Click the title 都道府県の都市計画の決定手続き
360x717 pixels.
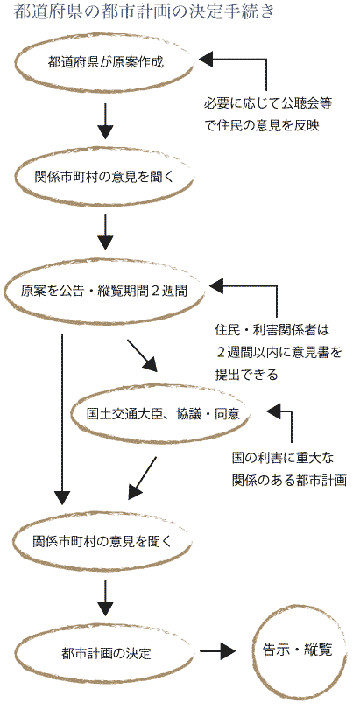pyautogui.click(x=145, y=11)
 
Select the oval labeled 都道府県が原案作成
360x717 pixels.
pyautogui.click(x=105, y=63)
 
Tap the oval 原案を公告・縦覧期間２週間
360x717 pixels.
pyautogui.click(x=103, y=292)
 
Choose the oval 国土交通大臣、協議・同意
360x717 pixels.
pyautogui.click(x=162, y=414)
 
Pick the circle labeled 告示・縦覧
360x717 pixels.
pyautogui.click(x=297, y=650)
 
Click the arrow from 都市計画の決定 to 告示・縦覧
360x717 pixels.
pyautogui.click(x=217, y=650)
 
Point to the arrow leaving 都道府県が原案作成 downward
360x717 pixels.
pyautogui.click(x=105, y=121)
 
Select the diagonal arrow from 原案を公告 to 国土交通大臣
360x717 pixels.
pyautogui.click(x=142, y=355)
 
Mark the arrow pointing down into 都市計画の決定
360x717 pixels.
pyautogui.click(x=105, y=598)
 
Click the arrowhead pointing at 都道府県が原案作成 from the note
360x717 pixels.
pyautogui.click(x=207, y=59)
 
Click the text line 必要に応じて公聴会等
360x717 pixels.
pyautogui.click(x=268, y=104)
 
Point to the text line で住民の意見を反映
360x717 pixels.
pyautogui.click(x=262, y=126)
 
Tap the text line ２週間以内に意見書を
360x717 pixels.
pyautogui.click(x=279, y=352)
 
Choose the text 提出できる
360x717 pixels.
pyautogui.click(x=246, y=375)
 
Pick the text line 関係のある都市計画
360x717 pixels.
pyautogui.click(x=289, y=481)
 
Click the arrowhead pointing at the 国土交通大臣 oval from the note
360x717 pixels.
pyautogui.click(x=274, y=411)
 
